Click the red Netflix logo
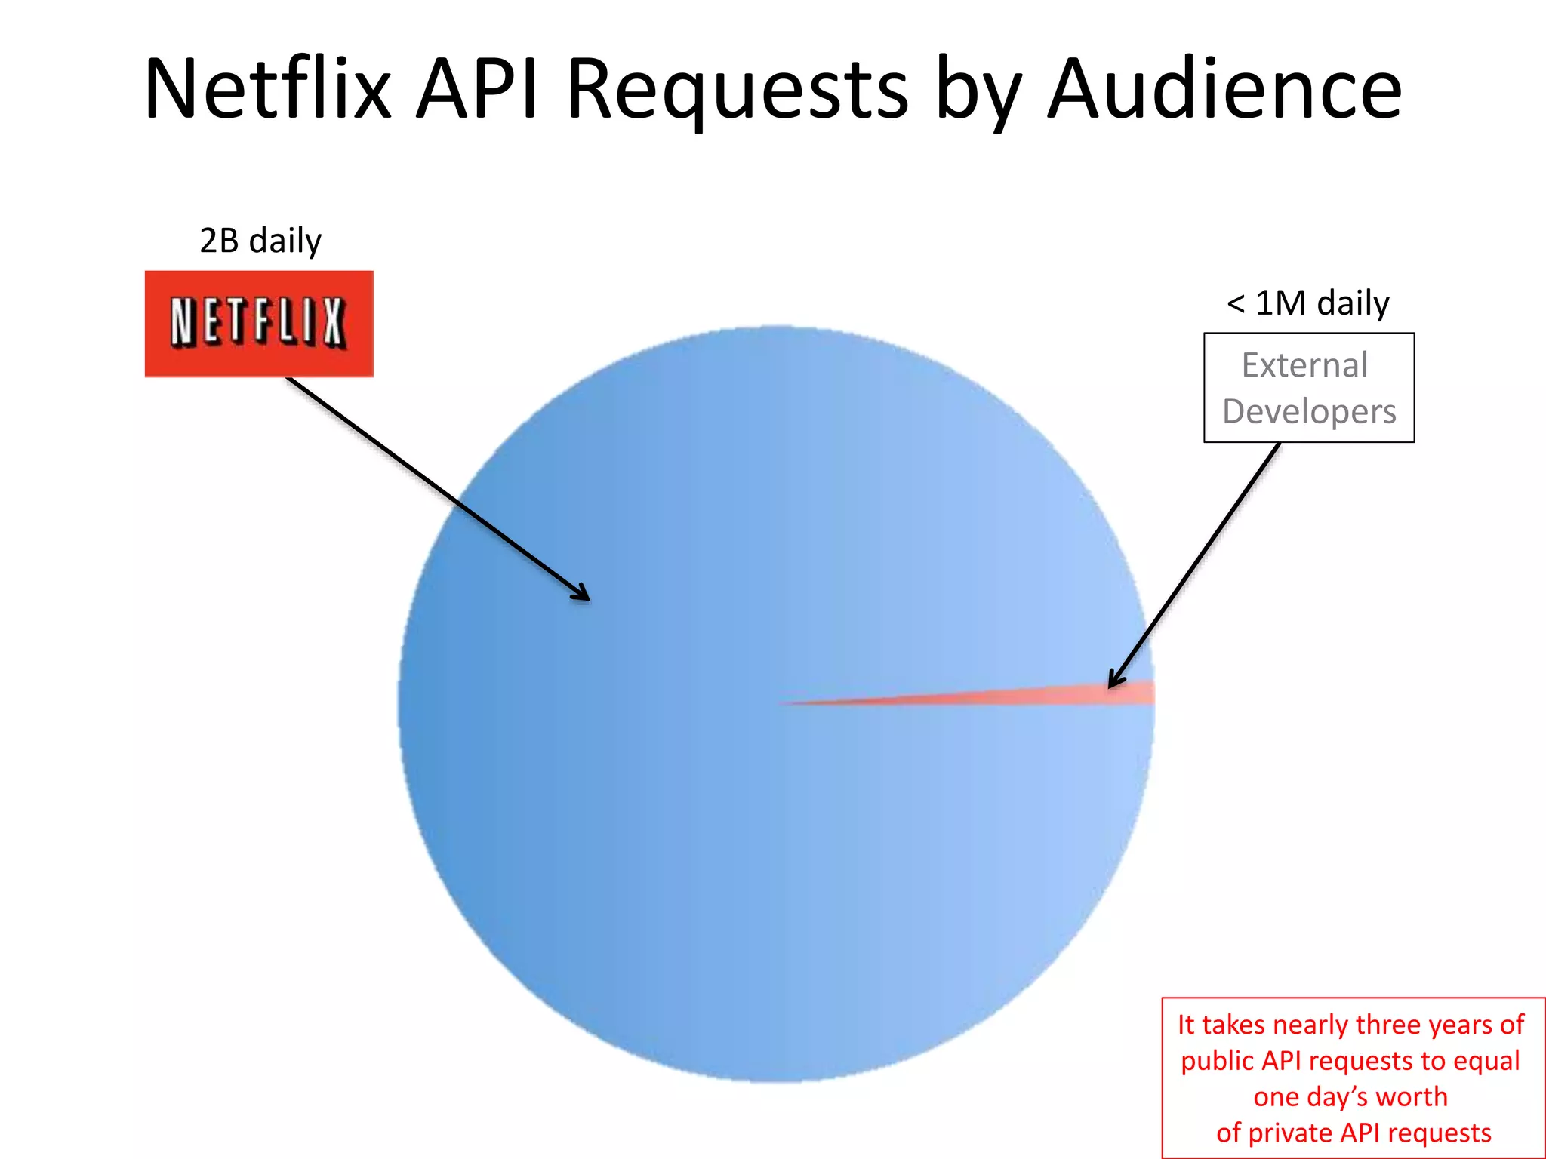(259, 324)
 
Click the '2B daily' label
(260, 241)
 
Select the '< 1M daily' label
(1307, 303)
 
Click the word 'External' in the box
(1304, 366)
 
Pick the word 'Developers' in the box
(1309, 412)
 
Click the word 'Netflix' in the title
(268, 89)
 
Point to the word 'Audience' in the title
(1224, 89)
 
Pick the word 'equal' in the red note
(1486, 1061)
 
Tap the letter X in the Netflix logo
(333, 322)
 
